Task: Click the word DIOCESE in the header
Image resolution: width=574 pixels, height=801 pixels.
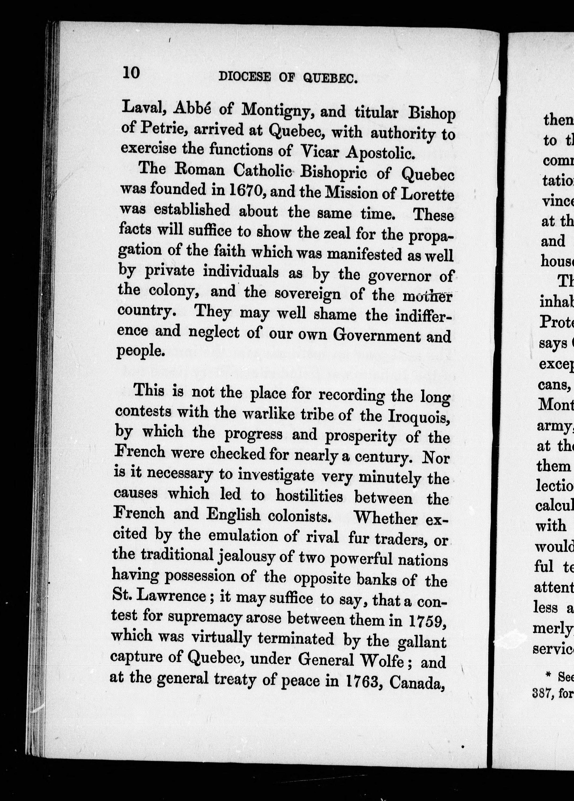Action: [x=245, y=77]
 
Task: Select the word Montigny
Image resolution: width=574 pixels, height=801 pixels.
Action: [x=278, y=110]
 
